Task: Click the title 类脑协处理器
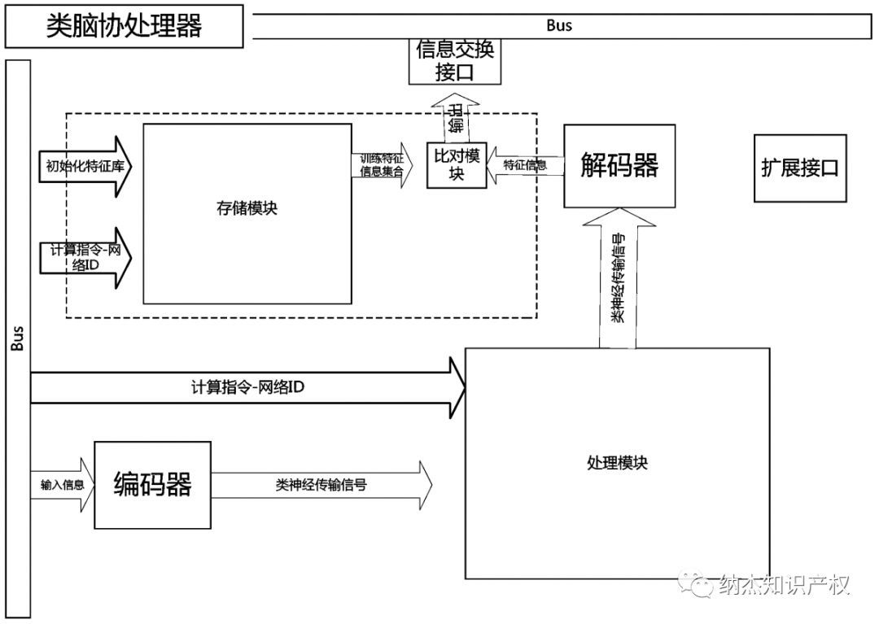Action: (x=124, y=26)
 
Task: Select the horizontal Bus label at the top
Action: (x=558, y=25)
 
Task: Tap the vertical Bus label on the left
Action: (x=18, y=338)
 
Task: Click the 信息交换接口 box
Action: (x=454, y=62)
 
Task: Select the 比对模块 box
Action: (x=456, y=165)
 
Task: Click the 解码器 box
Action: (x=619, y=165)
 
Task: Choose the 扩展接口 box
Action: (x=800, y=168)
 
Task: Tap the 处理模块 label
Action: (x=617, y=462)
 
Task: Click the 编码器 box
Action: (x=153, y=485)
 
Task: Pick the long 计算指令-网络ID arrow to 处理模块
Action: (x=244, y=388)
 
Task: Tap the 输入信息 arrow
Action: (x=62, y=485)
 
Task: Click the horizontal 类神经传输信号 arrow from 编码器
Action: (x=321, y=485)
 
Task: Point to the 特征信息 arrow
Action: (x=524, y=165)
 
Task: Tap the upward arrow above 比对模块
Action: (x=456, y=119)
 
